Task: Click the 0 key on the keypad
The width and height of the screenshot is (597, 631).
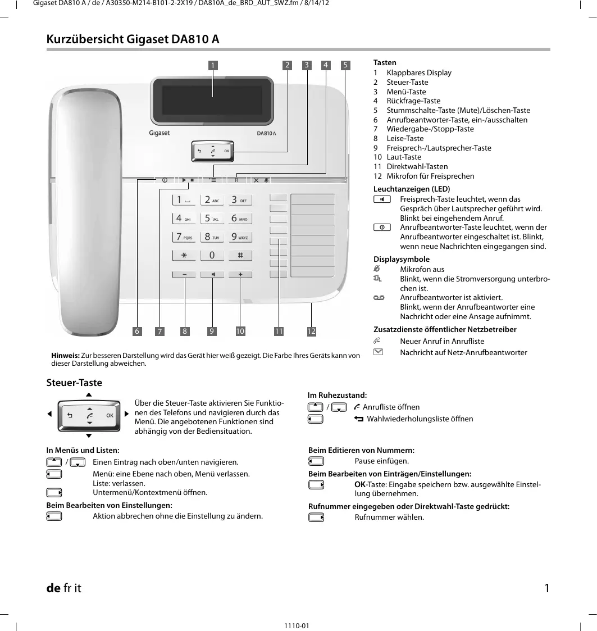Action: [212, 255]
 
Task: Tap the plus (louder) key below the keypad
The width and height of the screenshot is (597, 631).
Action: [240, 275]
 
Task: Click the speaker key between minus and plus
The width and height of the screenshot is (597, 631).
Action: [213, 275]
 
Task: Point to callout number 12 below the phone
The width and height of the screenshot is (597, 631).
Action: [312, 332]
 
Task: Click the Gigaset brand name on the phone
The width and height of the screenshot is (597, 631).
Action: [159, 134]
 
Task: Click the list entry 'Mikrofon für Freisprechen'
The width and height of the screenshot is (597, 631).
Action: [430, 176]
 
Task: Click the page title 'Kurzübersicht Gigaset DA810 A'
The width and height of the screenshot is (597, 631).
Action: [133, 39]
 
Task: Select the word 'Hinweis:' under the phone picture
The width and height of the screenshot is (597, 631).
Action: [65, 356]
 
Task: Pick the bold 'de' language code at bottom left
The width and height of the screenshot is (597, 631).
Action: [53, 588]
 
